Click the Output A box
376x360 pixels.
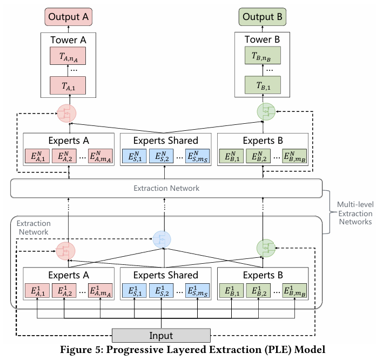(x=68, y=17)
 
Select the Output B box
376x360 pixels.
(x=263, y=17)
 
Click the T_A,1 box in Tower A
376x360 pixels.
(x=68, y=85)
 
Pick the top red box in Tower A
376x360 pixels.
(x=68, y=56)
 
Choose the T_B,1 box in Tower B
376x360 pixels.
(x=263, y=85)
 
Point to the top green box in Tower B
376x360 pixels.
(x=263, y=56)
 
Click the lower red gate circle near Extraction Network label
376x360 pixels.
(x=66, y=250)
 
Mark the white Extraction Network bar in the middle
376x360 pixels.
(x=166, y=188)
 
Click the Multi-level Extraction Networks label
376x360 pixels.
(x=353, y=213)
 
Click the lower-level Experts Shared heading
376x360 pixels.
(x=166, y=275)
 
